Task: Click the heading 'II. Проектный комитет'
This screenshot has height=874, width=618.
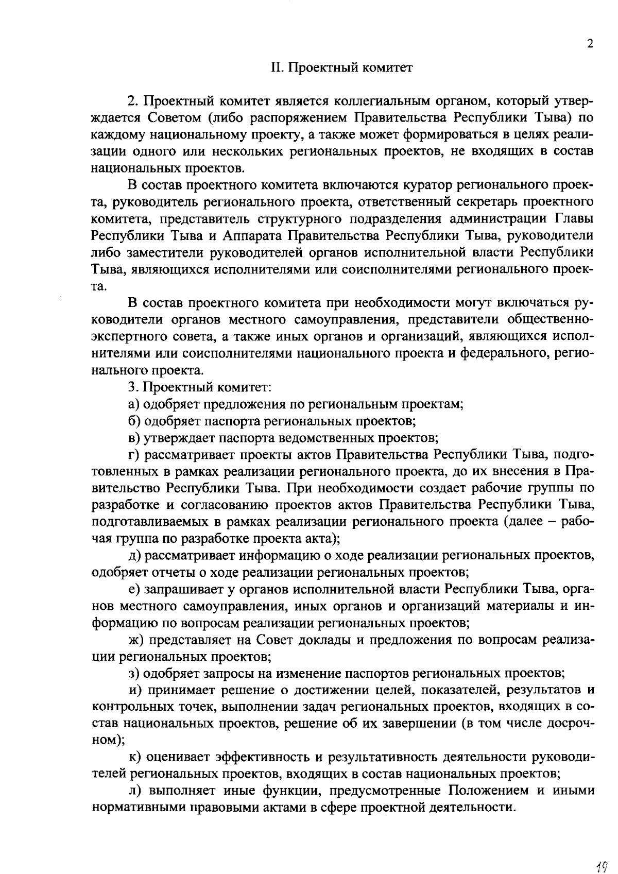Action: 342,68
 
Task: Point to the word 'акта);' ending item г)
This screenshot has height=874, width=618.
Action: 323,539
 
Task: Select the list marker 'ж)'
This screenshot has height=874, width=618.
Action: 136,640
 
